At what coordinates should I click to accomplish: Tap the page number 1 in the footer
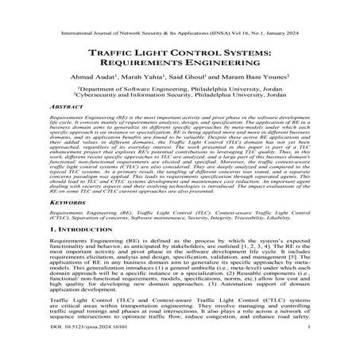coord(307,347)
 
